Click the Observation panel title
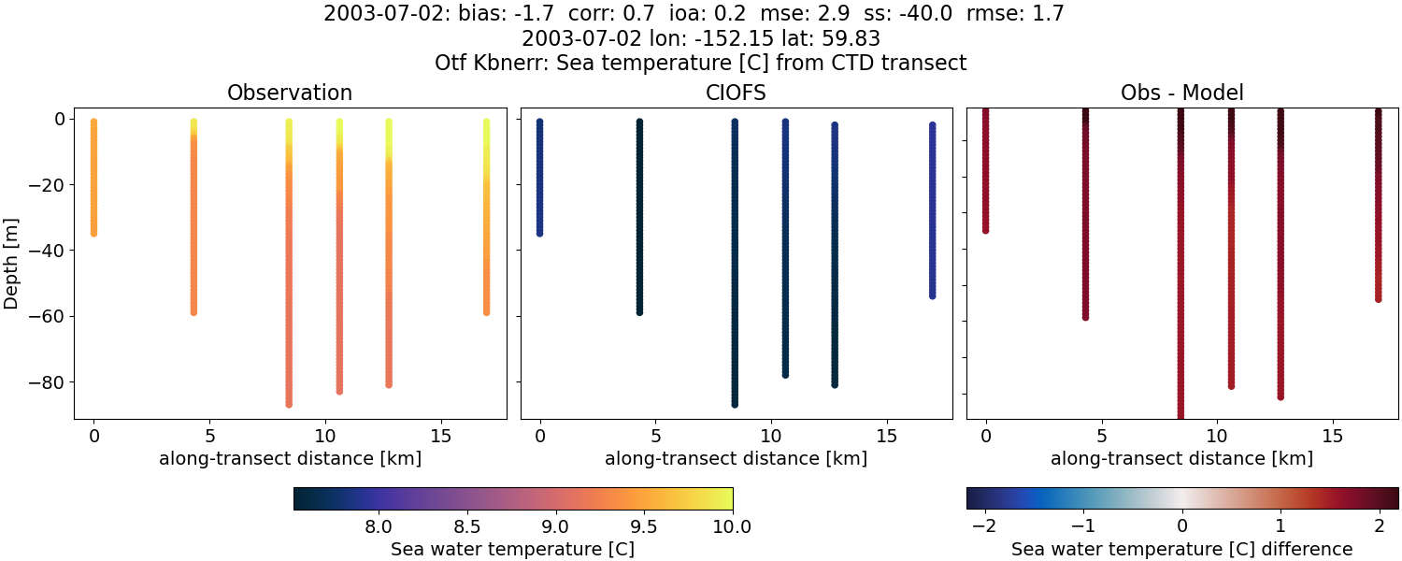coord(290,93)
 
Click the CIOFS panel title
coord(737,93)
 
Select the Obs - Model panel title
coord(1182,93)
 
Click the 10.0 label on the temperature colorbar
coord(732,525)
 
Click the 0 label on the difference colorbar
coord(1182,525)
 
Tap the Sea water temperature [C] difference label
coord(1182,549)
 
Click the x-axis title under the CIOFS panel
coord(737,459)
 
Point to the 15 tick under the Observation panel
coord(440,436)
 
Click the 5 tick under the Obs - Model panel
coord(1102,436)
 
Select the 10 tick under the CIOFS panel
coord(771,436)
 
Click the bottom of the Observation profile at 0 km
coord(93,233)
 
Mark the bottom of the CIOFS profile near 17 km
coord(932,295)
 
